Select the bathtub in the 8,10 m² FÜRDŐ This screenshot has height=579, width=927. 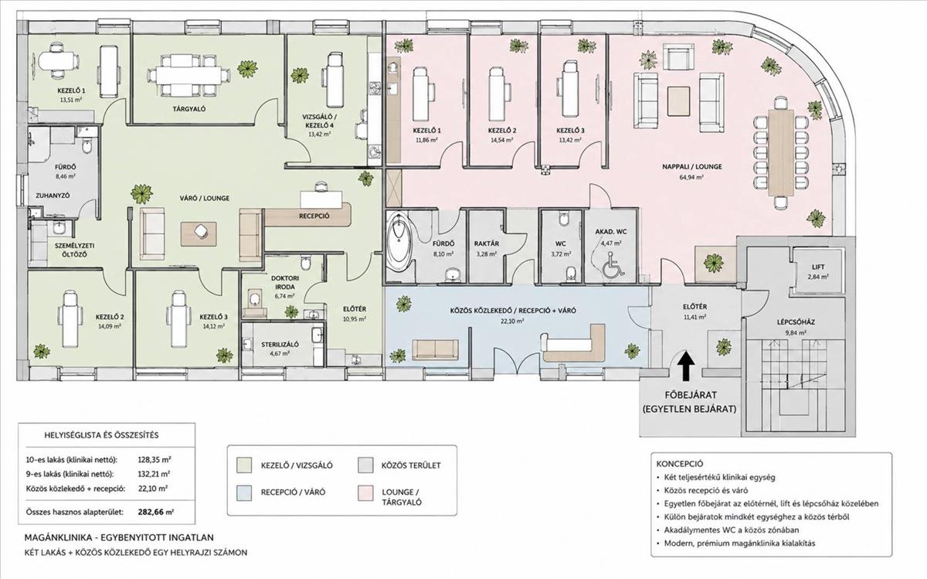399,241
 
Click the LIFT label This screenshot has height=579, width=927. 818,267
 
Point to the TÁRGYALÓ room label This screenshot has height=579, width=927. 189,109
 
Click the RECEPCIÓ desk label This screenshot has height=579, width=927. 314,216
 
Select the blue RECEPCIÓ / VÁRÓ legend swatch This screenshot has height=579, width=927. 244,492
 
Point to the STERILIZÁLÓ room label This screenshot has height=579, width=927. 280,345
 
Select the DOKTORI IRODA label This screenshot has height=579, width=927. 285,282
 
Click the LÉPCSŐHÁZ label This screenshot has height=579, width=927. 789,322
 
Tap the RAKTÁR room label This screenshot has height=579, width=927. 487,244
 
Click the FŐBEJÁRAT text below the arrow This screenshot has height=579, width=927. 691,395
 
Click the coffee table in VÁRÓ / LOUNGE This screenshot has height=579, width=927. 199,234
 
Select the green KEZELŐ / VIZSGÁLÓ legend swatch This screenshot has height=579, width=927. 244,465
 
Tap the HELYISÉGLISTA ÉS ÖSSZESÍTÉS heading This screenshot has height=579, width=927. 101,435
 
